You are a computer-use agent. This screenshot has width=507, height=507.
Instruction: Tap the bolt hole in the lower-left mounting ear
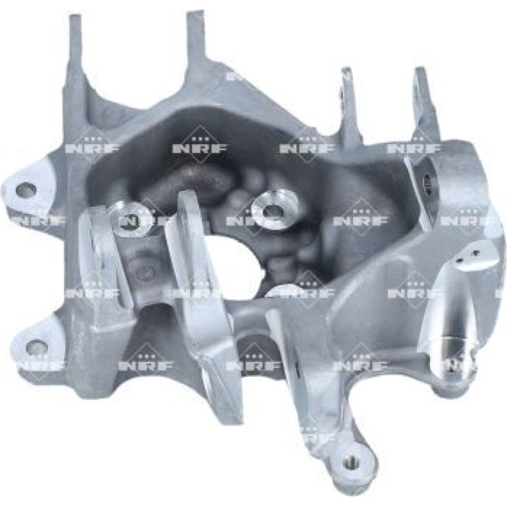(37, 348)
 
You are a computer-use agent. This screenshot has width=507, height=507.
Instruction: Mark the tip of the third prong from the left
(346, 70)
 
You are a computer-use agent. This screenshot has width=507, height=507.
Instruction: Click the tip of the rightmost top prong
(419, 70)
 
